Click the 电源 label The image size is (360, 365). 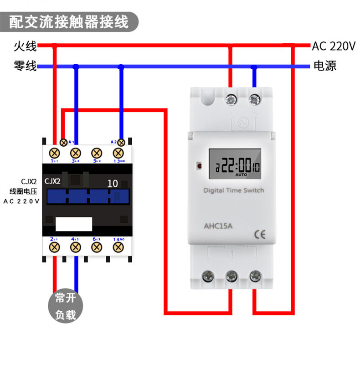click(x=325, y=67)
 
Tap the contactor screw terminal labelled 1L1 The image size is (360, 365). click(x=55, y=152)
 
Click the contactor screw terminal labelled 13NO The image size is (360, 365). click(x=119, y=152)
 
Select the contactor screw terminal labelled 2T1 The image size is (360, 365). click(x=55, y=247)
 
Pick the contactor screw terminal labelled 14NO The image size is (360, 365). click(x=119, y=247)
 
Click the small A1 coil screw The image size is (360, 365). click(x=64, y=142)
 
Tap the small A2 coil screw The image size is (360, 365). click(x=121, y=142)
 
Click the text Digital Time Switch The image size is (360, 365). click(x=233, y=190)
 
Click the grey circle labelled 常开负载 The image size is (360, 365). click(x=66, y=306)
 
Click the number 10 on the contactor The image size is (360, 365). click(x=112, y=184)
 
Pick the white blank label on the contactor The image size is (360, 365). click(x=74, y=223)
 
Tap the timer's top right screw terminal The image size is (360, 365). click(x=255, y=98)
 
